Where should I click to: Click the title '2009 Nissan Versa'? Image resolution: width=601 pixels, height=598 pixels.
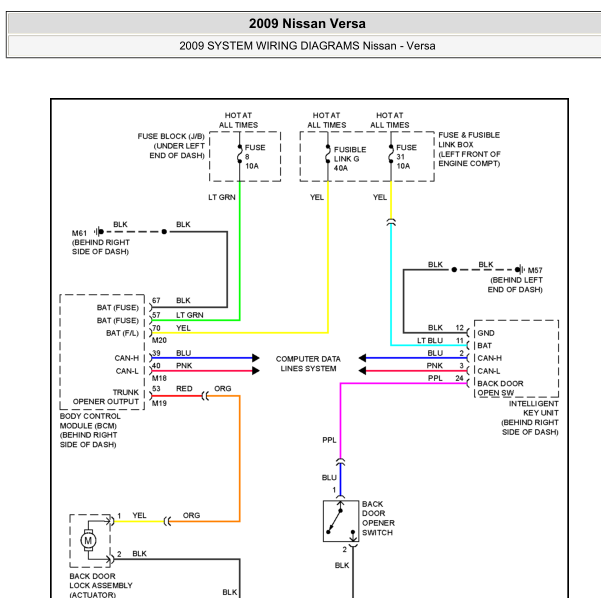pos(307,23)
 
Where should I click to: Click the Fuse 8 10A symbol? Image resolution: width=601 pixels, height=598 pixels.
pos(239,156)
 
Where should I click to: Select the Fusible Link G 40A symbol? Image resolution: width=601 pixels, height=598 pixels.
pos(327,156)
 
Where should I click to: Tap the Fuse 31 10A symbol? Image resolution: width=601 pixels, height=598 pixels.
pos(390,156)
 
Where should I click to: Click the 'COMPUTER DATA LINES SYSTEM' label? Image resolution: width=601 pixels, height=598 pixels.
pos(308,363)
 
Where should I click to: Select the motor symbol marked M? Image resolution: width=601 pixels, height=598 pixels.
pos(88,540)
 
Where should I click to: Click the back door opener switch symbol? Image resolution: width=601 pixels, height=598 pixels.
pos(340,521)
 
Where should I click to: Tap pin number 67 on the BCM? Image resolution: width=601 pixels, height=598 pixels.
pos(156,300)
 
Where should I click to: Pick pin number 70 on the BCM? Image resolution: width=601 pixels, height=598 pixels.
pos(156,327)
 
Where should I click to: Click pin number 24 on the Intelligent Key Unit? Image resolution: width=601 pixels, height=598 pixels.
pos(459,379)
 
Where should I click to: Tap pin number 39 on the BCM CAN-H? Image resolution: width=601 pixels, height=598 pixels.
pos(156,353)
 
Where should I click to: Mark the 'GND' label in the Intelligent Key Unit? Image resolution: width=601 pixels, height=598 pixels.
pos(486,332)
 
